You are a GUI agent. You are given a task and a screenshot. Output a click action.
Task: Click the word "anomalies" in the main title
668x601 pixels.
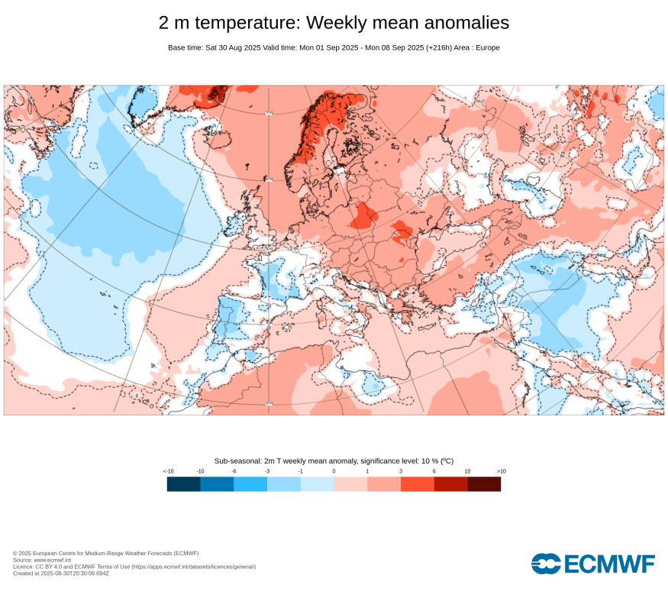459,23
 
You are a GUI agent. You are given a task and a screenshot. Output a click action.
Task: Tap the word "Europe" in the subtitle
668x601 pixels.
486,47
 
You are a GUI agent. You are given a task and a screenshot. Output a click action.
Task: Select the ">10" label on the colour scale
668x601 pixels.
501,471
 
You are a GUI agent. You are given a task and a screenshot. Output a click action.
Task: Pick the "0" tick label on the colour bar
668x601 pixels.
334,471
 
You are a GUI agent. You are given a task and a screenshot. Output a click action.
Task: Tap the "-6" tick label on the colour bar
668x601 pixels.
234,471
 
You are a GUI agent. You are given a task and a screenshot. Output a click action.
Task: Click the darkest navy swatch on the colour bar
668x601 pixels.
184,483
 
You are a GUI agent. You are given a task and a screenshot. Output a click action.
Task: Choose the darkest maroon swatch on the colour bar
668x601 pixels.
484,483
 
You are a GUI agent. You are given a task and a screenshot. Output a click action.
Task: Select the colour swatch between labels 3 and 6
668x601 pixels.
418,483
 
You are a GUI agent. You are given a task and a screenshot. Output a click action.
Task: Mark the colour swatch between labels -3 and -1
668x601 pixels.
284,483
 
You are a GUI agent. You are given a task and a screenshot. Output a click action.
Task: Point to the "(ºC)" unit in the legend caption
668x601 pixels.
447,460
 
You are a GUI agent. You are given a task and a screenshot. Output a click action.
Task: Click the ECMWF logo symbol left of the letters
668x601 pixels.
546,564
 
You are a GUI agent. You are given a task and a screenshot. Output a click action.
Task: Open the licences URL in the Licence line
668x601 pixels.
194,567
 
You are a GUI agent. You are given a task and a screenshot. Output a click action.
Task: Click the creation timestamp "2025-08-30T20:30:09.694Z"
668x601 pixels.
76,574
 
